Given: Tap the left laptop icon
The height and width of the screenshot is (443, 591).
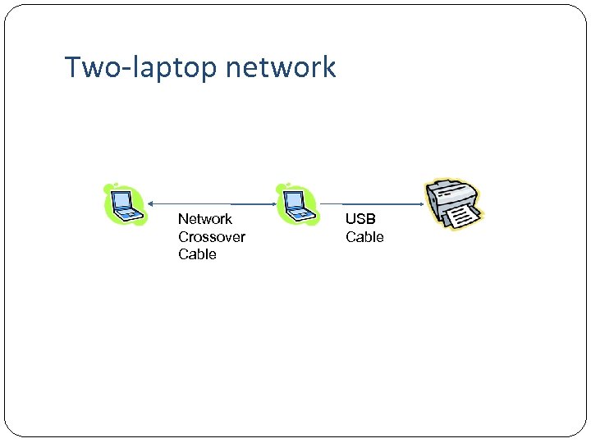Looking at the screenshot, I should [123, 204].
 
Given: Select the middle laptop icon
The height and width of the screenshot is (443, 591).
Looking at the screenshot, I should [295, 204].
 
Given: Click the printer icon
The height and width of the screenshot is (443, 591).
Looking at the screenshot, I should [453, 204].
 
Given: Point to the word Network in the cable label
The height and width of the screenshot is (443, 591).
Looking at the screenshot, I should [204, 219].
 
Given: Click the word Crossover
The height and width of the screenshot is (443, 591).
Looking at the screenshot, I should [211, 237].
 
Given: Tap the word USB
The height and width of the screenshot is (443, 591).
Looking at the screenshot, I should [360, 219].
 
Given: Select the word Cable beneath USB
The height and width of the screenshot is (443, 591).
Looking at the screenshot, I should [364, 237].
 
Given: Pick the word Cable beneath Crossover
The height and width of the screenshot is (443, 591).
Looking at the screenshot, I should [197, 254].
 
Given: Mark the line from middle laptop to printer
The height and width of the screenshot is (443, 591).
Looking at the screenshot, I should [369, 203].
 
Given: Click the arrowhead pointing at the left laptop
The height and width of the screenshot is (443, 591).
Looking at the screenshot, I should [151, 203].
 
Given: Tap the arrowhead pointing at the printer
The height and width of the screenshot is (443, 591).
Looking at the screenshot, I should [419, 203].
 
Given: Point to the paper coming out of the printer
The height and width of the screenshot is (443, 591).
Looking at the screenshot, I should [460, 217].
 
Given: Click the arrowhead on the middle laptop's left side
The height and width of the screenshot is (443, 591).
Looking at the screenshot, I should [273, 203].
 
